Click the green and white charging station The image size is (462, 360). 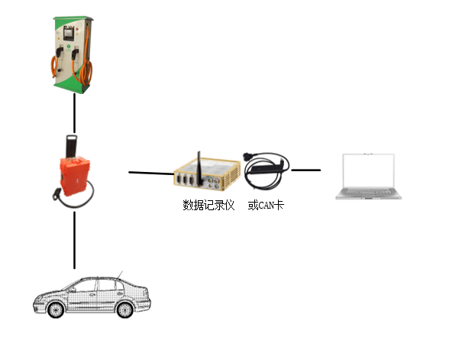[73, 54]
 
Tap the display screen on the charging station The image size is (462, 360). [72, 34]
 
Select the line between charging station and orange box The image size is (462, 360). [74, 112]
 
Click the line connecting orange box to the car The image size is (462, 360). [74, 240]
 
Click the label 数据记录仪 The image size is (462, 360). [208, 205]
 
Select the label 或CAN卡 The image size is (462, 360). [265, 205]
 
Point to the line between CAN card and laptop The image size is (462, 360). [305, 170]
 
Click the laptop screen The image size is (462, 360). [369, 170]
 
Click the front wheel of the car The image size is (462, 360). [55, 310]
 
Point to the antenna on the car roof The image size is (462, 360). [119, 274]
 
